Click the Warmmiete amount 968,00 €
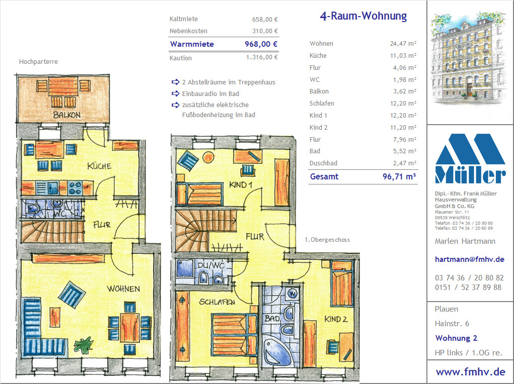click(x=261, y=44)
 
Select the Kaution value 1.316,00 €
click(x=262, y=57)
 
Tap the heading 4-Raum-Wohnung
click(x=363, y=16)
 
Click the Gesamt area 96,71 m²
click(x=399, y=177)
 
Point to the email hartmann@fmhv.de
click(x=469, y=259)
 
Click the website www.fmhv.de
click(x=470, y=372)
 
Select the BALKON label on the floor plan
click(x=67, y=115)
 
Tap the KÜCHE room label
click(x=99, y=166)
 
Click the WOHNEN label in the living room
click(x=123, y=289)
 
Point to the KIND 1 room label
click(x=241, y=185)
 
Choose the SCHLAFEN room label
click(x=217, y=302)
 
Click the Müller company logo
click(x=470, y=158)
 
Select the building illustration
click(x=469, y=57)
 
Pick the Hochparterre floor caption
click(x=38, y=61)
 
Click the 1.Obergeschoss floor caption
click(x=327, y=240)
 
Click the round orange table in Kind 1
click(x=208, y=157)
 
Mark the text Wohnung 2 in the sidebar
click(x=456, y=338)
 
